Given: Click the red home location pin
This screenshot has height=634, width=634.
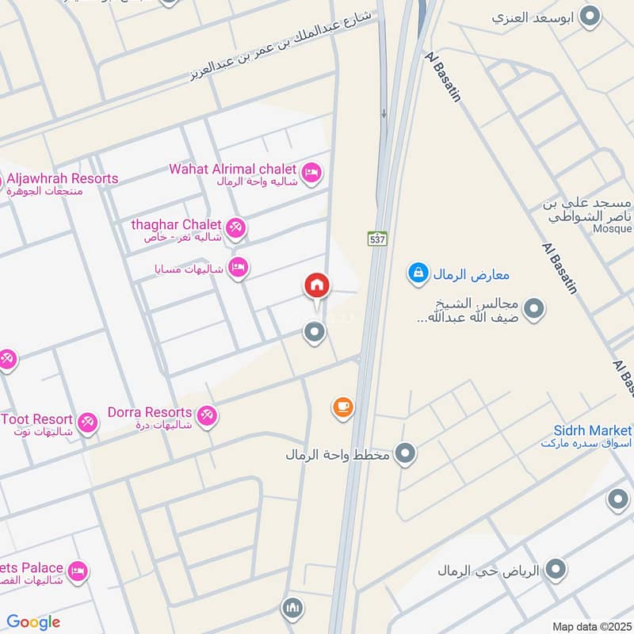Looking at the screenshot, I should click(316, 286).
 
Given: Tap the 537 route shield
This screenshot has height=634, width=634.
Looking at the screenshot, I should click(376, 238).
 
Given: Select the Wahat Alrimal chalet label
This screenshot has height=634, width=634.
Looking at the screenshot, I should click(232, 170).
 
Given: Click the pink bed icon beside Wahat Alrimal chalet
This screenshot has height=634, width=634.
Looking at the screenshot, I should click(311, 172).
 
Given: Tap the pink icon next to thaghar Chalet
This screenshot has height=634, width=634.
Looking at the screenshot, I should click(235, 228).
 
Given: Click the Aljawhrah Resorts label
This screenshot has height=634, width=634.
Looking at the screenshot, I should click(61, 178).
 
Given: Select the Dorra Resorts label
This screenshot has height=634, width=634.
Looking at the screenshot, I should click(150, 412).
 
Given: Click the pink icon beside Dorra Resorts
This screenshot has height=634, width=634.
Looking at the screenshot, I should click(206, 415).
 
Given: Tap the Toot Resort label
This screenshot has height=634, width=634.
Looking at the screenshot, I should click(37, 419).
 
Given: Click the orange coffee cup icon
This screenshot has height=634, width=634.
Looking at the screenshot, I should click(342, 407).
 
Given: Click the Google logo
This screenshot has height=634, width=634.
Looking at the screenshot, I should click(33, 622).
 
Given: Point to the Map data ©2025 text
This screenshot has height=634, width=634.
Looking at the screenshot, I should click(591, 626).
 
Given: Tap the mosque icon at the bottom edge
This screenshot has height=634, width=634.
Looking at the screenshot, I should click(292, 609).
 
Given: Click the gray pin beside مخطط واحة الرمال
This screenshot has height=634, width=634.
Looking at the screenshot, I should click(406, 454).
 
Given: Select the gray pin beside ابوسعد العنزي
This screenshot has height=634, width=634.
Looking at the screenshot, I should click(590, 16).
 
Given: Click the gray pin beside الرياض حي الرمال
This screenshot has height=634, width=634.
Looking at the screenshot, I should click(557, 569).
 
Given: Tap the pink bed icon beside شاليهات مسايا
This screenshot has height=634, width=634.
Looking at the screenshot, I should click(237, 267).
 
